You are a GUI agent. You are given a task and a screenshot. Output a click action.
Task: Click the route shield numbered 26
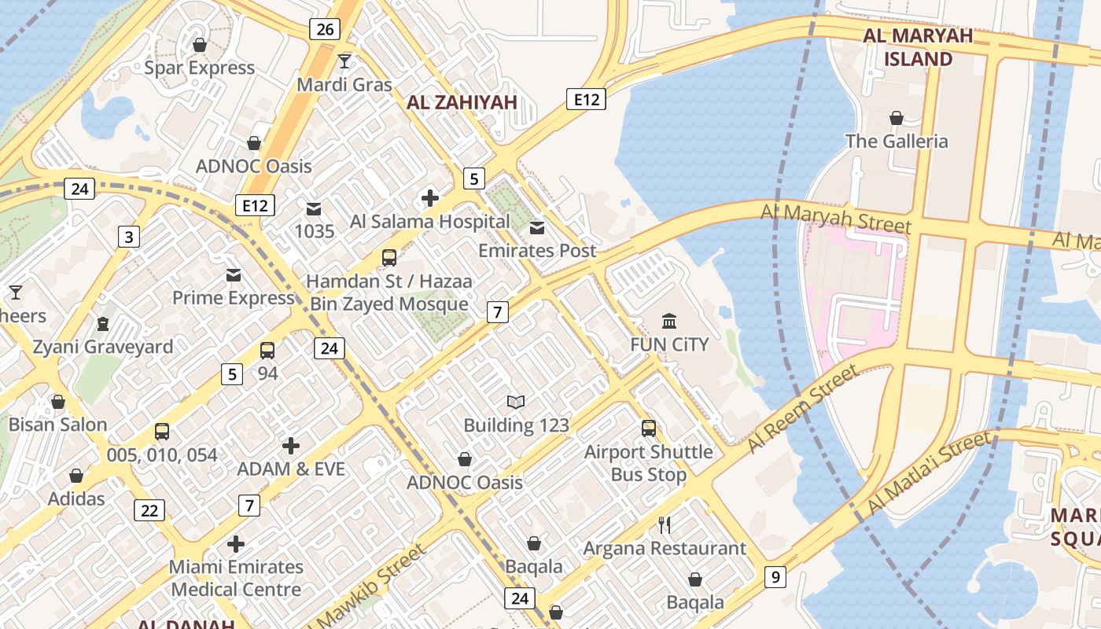pyautogui.click(x=324, y=30)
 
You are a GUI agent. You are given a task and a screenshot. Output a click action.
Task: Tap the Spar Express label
pyautogui.click(x=200, y=68)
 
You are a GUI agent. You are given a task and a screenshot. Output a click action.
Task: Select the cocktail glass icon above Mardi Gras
pyautogui.click(x=344, y=61)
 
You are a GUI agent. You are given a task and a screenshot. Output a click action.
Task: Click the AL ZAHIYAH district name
pyautogui.click(x=462, y=102)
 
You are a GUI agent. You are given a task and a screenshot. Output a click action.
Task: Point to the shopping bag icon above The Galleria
pyautogui.click(x=896, y=119)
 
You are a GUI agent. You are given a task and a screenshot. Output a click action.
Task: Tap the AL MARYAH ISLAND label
pyautogui.click(x=918, y=47)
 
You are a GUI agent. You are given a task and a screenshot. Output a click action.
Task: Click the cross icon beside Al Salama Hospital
pyautogui.click(x=429, y=198)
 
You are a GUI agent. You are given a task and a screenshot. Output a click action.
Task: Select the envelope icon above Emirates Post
pyautogui.click(x=537, y=228)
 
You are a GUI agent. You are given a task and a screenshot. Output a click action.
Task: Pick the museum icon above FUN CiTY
pyautogui.click(x=669, y=321)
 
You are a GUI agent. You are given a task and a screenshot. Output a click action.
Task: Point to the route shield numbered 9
pyautogui.click(x=775, y=578)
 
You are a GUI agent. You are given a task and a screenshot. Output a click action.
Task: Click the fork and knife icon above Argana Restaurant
pyautogui.click(x=665, y=525)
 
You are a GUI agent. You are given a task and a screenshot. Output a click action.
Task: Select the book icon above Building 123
pyautogui.click(x=516, y=403)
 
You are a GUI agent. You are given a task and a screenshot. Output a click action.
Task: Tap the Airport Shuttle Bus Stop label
pyautogui.click(x=648, y=463)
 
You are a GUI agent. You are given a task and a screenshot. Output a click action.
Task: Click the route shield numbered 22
pyautogui.click(x=149, y=510)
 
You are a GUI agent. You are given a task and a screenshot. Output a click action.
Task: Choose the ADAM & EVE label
pyautogui.click(x=291, y=469)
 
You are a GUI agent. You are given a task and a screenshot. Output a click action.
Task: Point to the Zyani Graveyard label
pyautogui.click(x=103, y=347)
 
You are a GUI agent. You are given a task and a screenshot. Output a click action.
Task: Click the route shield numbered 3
pyautogui.click(x=129, y=236)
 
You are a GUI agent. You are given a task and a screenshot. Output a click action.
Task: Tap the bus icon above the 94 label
pyautogui.click(x=267, y=351)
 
